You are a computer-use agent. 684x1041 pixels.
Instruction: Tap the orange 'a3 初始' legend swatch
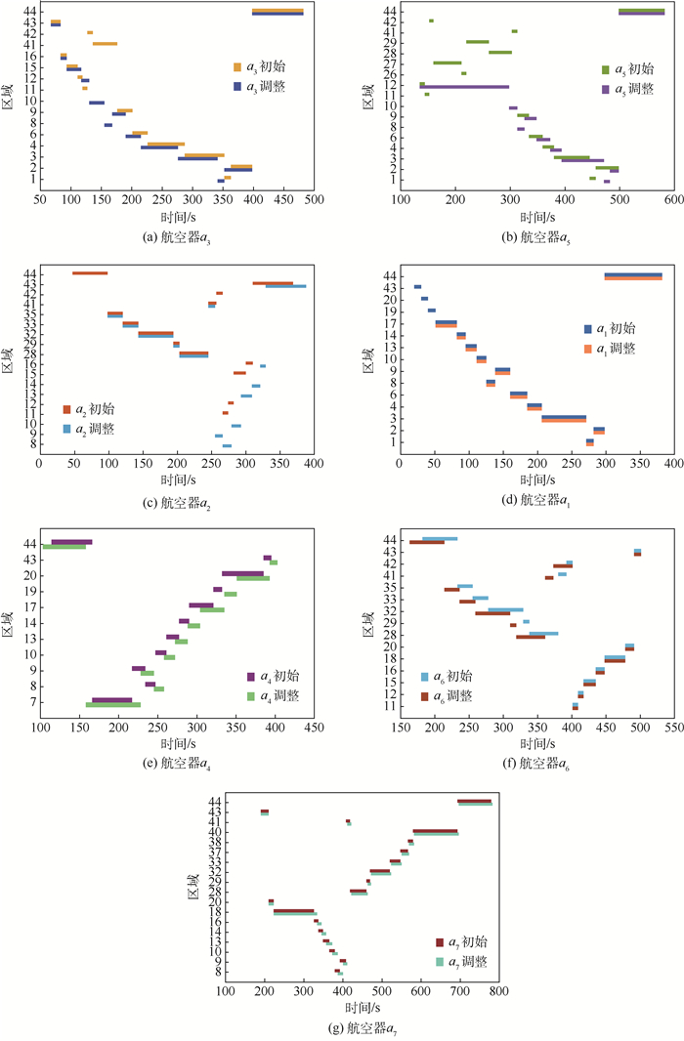(236, 67)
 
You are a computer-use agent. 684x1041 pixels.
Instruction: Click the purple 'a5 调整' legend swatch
(606, 89)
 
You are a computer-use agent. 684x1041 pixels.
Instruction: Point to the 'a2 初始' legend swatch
(67, 409)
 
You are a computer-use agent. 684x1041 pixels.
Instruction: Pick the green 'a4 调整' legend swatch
(251, 695)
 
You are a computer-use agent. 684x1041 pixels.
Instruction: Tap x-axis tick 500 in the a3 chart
(315, 197)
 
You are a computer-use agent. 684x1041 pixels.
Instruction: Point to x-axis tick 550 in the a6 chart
(674, 728)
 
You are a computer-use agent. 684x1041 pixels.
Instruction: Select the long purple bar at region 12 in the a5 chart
(466, 87)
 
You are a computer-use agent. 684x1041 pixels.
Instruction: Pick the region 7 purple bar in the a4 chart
(112, 700)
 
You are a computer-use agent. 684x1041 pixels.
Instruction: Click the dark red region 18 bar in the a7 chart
(293, 910)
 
